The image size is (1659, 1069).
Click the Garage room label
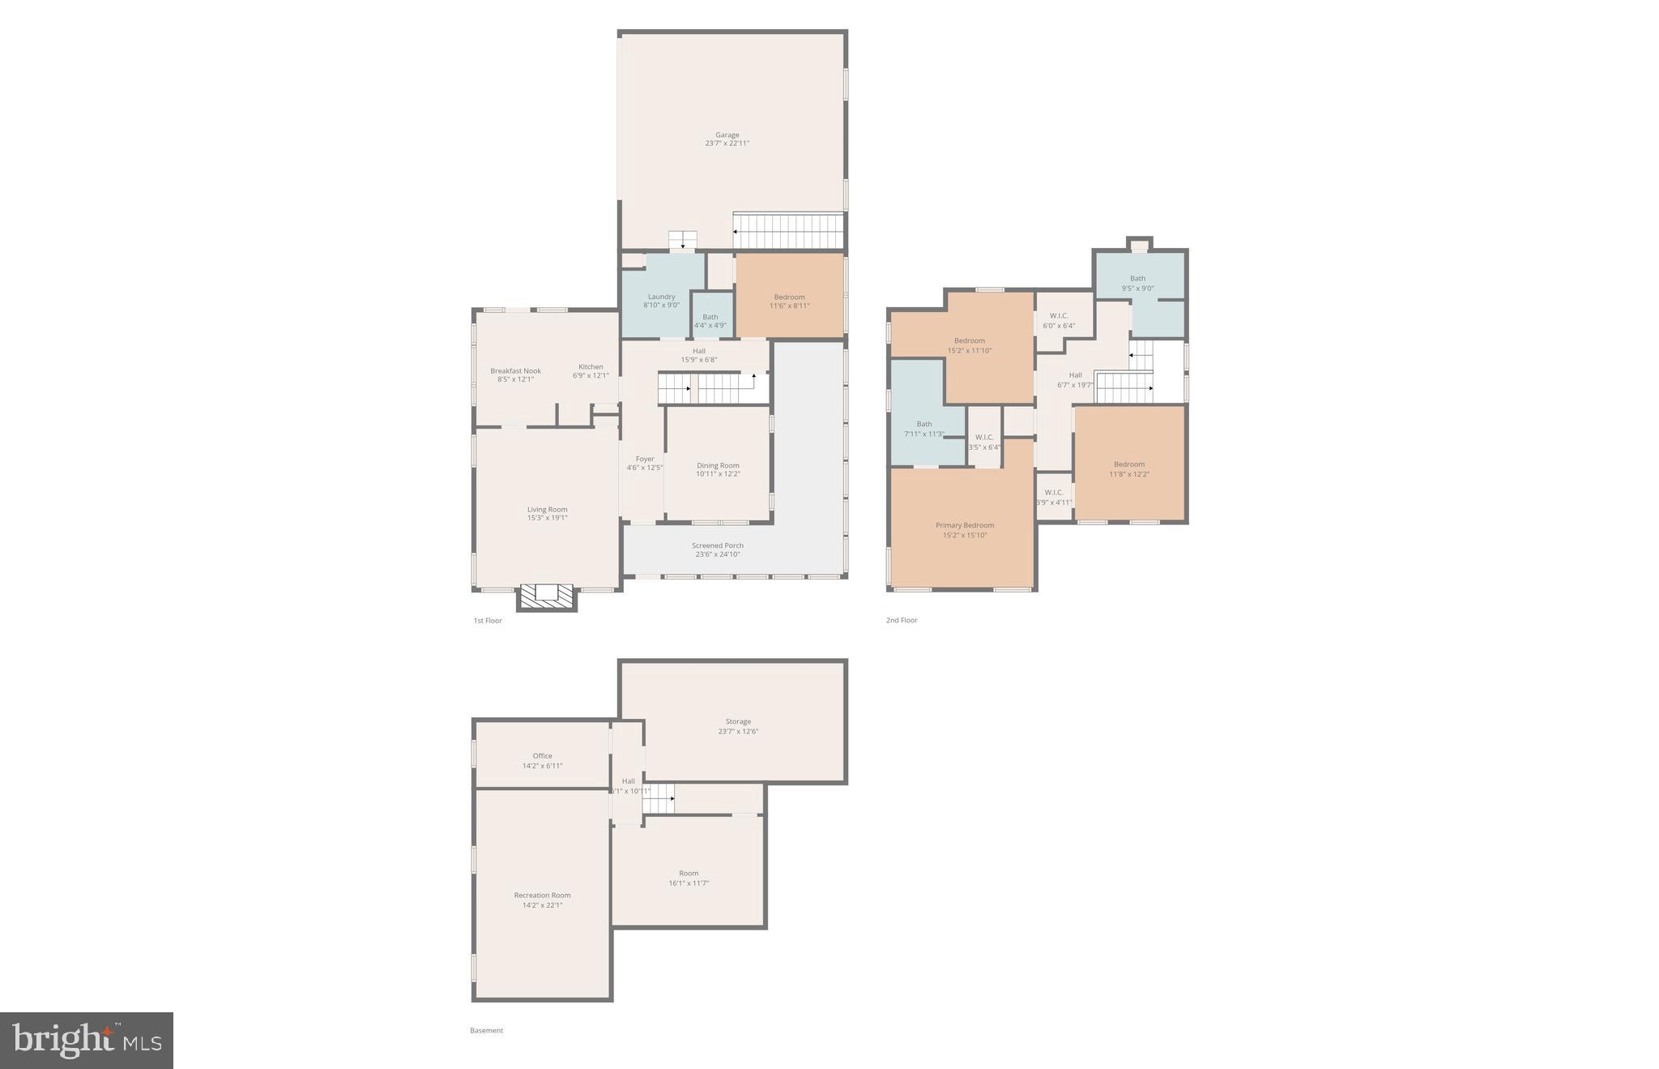click(x=727, y=135)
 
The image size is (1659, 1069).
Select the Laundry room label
click(x=661, y=297)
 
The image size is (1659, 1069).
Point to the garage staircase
click(x=788, y=231)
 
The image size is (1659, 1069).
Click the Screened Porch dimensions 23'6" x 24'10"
click(x=717, y=554)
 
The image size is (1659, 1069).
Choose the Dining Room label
click(x=718, y=465)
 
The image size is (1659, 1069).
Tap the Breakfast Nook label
click(x=515, y=371)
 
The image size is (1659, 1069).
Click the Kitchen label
click(x=591, y=367)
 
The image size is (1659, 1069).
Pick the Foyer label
click(x=644, y=459)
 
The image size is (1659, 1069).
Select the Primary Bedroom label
click(x=964, y=525)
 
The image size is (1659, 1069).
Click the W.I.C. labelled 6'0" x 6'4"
click(x=1058, y=316)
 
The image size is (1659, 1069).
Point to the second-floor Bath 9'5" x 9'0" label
click(x=1137, y=279)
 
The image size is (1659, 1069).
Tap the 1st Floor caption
click(x=488, y=621)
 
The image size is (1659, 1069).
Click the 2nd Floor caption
click(x=902, y=621)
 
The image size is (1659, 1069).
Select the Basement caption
click(x=486, y=1031)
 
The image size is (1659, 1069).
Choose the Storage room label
click(x=738, y=721)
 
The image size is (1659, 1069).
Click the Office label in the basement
click(x=542, y=756)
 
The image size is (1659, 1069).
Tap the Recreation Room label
click(x=542, y=896)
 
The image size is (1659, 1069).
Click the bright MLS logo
click(x=87, y=1040)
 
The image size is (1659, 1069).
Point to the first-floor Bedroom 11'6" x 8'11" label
click(x=789, y=297)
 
